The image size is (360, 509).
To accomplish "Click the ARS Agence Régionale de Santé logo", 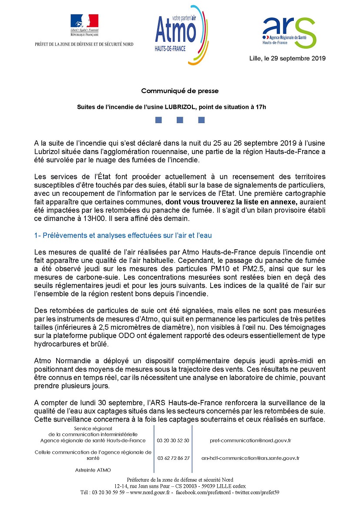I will (x=288, y=33).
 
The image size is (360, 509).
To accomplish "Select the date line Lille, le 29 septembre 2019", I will (x=287, y=58).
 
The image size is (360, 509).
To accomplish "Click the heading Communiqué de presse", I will (x=179, y=91).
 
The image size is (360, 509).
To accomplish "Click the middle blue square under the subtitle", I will (x=180, y=120).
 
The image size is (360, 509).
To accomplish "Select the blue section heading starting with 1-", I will (x=123, y=235).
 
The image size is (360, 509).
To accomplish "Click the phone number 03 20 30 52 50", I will (x=173, y=440).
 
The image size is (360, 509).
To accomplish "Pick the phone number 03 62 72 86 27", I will (x=173, y=458).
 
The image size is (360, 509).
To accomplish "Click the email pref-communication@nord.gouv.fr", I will (x=250, y=440).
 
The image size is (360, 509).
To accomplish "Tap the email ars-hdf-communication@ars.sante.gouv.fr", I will (x=250, y=458).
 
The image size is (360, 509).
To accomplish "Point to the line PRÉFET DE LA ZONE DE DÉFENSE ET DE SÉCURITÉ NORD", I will (x=84, y=44).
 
